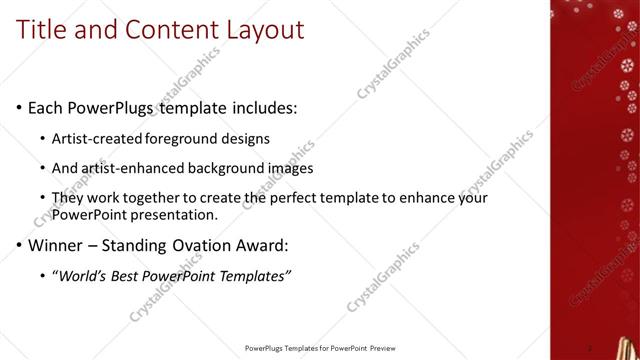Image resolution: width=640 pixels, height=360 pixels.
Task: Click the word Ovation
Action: coord(203,245)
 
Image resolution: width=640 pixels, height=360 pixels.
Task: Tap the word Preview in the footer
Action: coord(383,348)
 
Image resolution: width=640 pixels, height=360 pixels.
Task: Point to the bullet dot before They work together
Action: coord(42,198)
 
